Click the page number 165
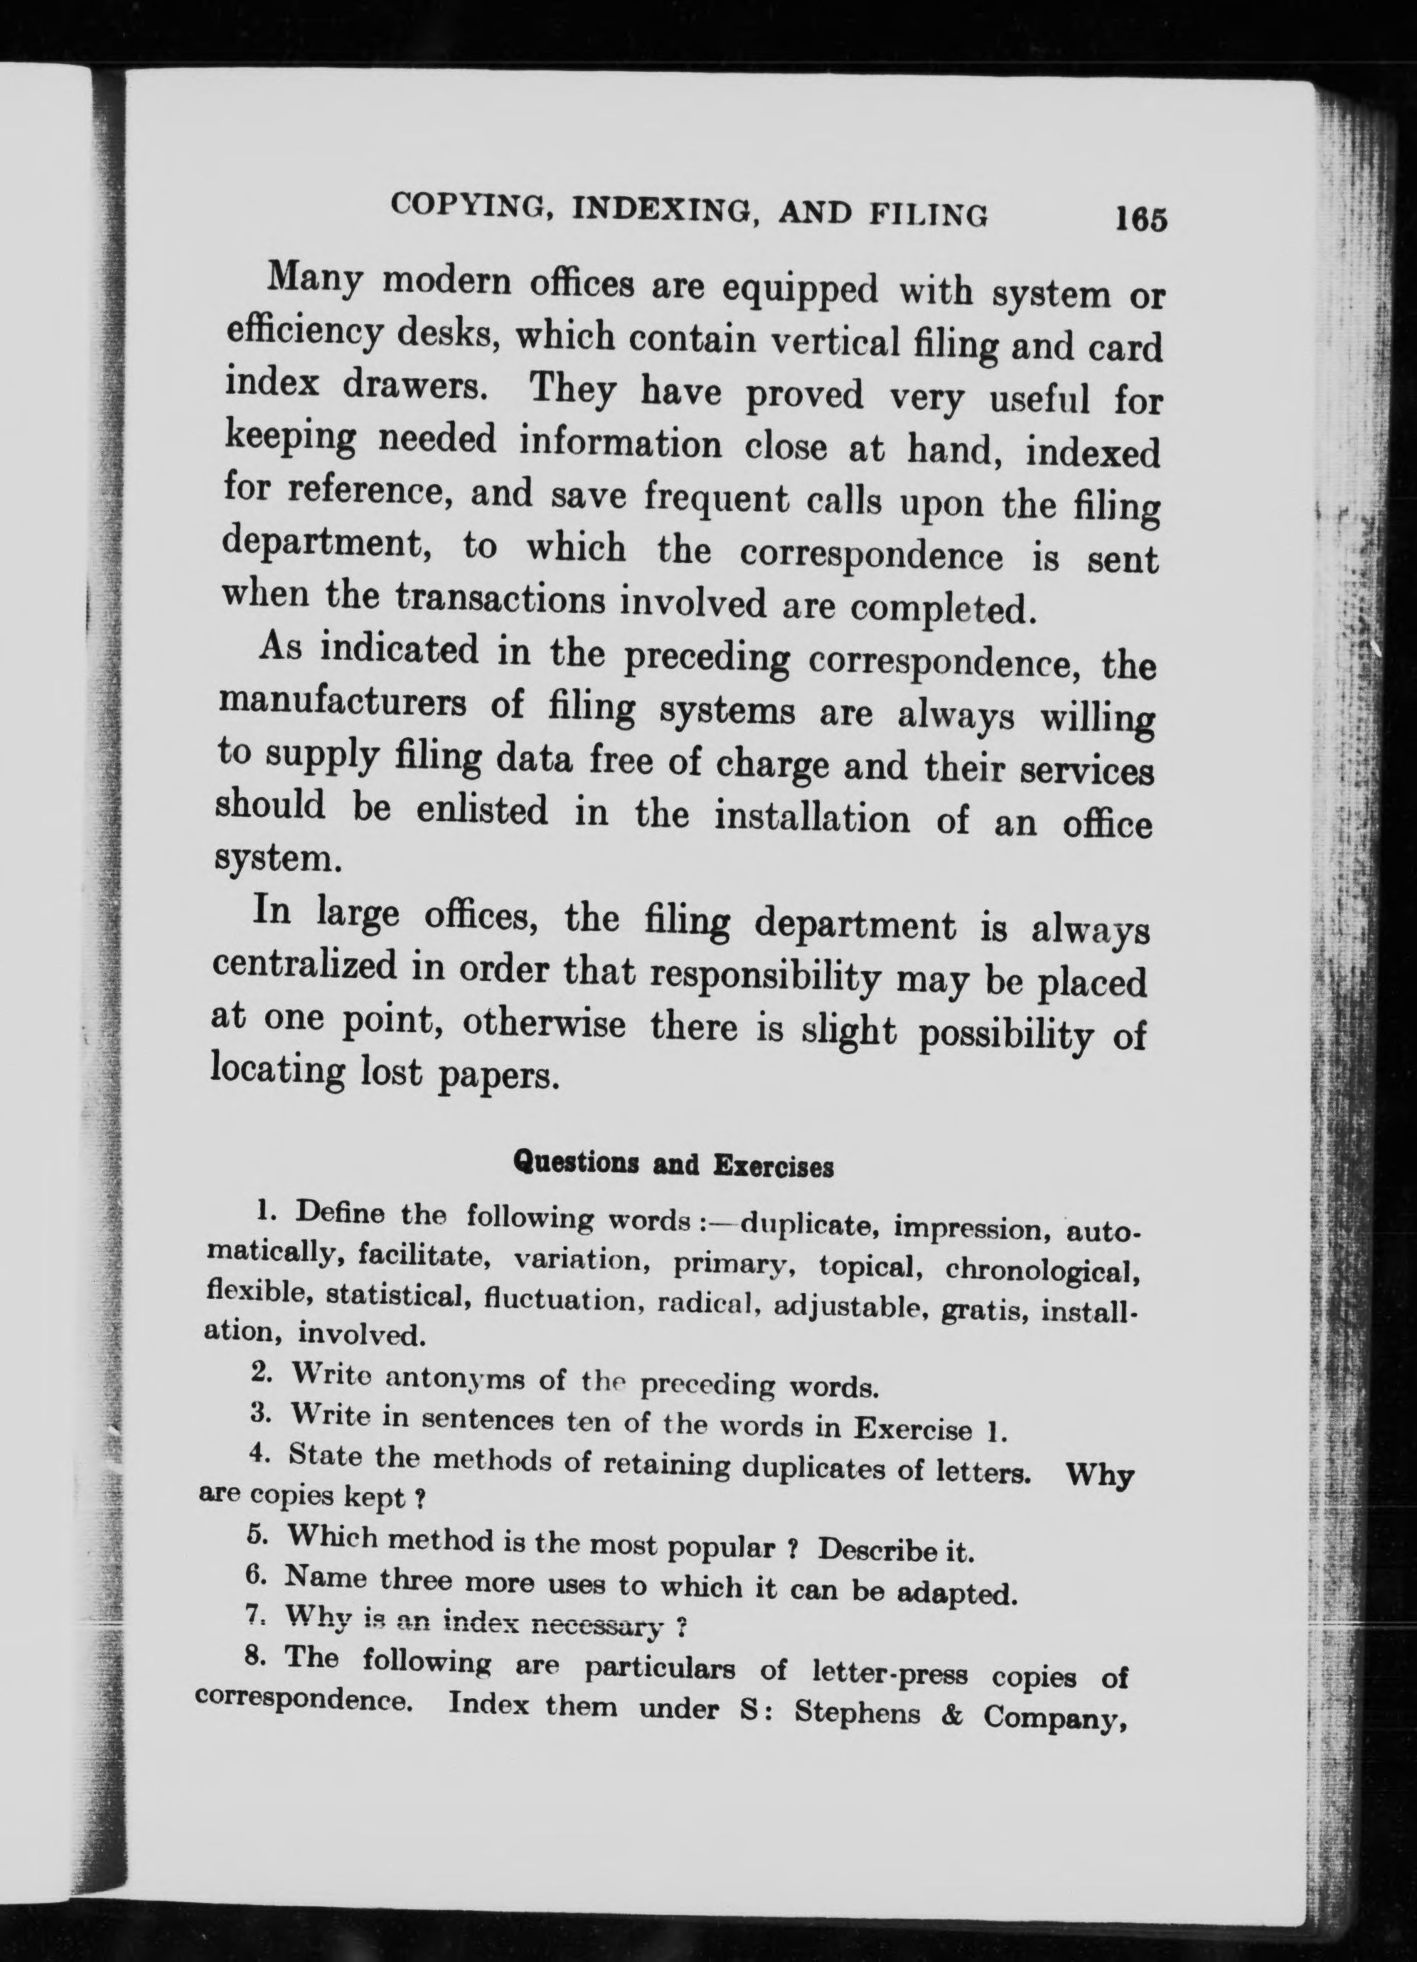(x=1141, y=219)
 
